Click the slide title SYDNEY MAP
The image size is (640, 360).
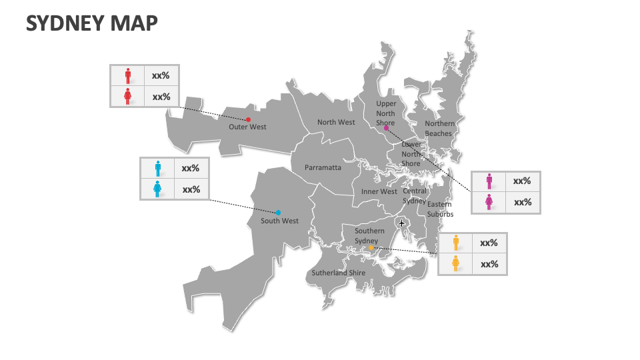(92, 23)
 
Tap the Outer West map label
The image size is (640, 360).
(247, 127)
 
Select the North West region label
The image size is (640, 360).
(336, 122)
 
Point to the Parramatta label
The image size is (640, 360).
(323, 167)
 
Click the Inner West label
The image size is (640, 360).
(379, 191)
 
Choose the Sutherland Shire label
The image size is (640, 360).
(338, 273)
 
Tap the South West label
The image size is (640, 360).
(279, 221)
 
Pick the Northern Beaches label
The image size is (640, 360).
(439, 128)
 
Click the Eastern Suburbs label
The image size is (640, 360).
(440, 209)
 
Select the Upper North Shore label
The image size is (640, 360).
(385, 113)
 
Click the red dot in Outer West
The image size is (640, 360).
(248, 119)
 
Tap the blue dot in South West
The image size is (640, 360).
(278, 213)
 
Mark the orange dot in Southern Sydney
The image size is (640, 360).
(371, 248)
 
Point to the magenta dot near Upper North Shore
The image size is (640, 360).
(387, 128)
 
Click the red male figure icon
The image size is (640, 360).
(128, 75)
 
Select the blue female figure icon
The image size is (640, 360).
(157, 189)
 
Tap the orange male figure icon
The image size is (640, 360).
(455, 243)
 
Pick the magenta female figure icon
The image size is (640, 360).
(489, 202)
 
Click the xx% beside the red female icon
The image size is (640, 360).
(161, 97)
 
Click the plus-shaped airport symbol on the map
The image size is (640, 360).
(401, 223)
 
